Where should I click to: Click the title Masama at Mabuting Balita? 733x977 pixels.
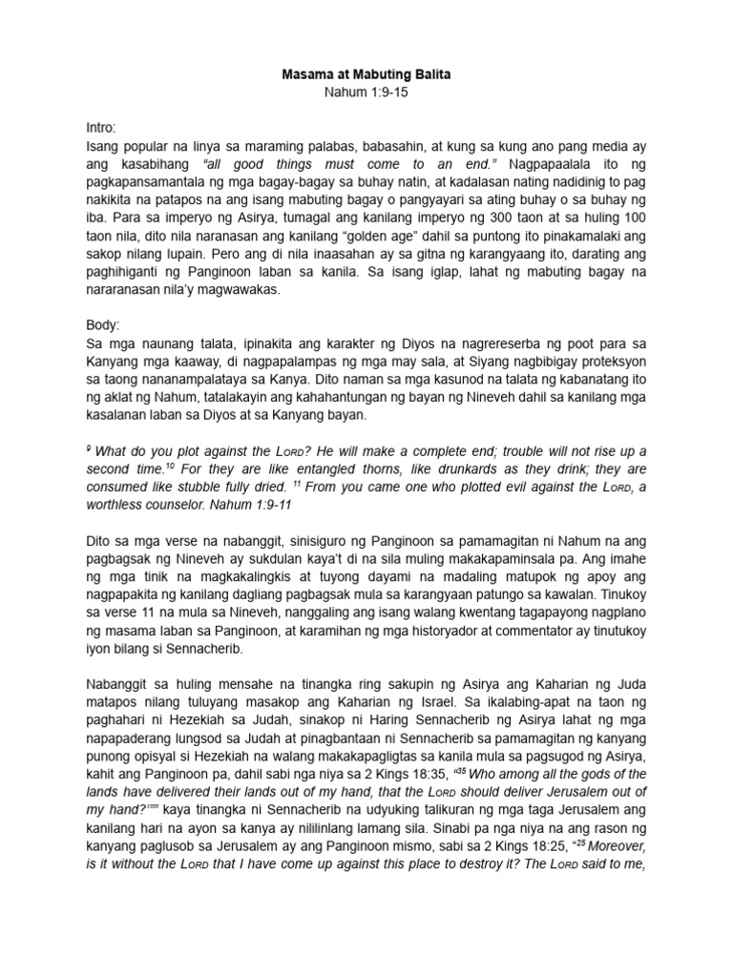point(366,72)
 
